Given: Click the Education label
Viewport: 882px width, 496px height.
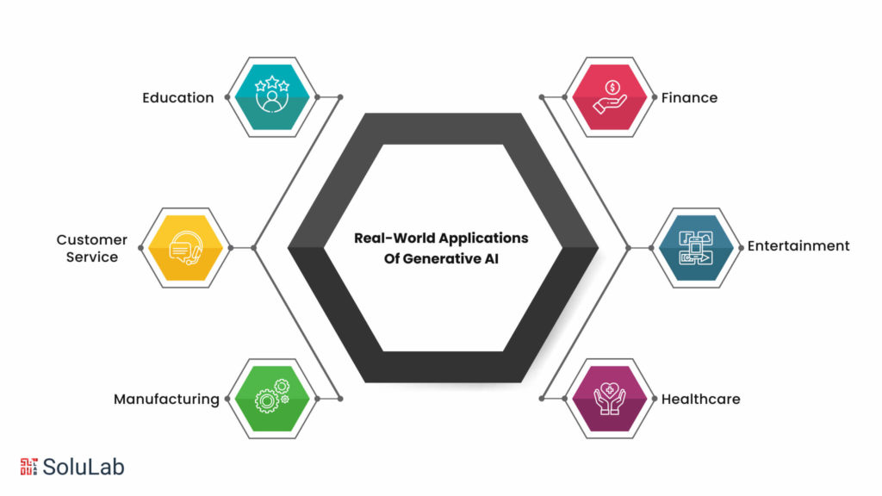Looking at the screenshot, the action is (177, 98).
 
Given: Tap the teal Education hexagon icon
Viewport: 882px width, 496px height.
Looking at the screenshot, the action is (272, 97).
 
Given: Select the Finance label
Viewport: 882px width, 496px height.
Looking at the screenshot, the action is (689, 98).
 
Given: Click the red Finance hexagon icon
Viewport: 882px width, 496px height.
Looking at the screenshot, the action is (610, 97).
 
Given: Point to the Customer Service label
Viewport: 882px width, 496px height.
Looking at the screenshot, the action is (91, 248).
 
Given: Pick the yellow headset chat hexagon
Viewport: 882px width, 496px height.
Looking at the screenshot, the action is (186, 248).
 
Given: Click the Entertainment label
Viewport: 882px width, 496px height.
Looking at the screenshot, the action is (798, 245).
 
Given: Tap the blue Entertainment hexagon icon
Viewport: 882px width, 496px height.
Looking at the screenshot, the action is (696, 248).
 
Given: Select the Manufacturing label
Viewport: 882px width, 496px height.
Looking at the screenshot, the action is (166, 400).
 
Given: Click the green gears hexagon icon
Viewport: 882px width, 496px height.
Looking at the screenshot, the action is (272, 399).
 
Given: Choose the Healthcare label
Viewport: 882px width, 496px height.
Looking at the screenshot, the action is (700, 400).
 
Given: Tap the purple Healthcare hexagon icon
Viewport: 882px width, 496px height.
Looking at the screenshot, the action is (610, 399).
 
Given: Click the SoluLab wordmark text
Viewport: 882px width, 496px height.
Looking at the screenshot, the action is (84, 467).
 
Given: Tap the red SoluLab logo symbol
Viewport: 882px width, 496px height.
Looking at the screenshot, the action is (28, 467).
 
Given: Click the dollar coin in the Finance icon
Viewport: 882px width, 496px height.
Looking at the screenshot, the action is (612, 87).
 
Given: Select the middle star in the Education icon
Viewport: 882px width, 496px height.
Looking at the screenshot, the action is (272, 82).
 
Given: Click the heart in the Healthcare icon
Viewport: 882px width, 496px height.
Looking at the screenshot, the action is (610, 390).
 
